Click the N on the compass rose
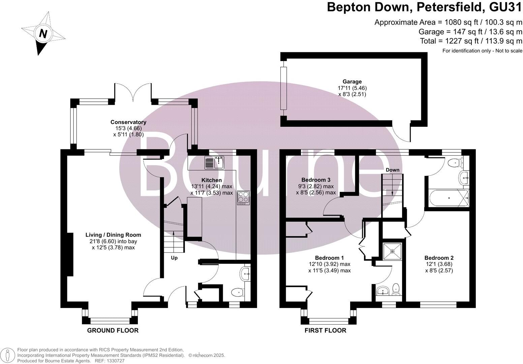[43, 34]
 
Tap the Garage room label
[352, 82]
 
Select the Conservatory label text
[128, 122]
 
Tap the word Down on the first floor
[392, 170]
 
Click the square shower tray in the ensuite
[393, 251]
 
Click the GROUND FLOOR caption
[113, 330]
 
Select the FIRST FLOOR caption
[325, 330]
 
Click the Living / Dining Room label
[113, 235]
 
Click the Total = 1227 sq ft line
[471, 41]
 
